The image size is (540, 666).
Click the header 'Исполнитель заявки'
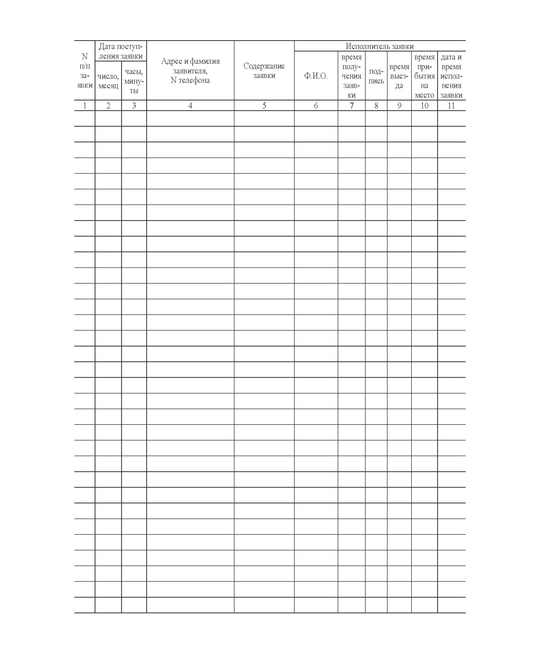(380, 46)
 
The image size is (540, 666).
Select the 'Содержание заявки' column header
(264, 71)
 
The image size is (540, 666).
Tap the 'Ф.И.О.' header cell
(316, 76)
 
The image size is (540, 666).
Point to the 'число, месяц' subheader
(108, 81)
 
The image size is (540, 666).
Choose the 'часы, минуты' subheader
(134, 81)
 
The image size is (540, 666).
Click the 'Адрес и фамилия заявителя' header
(190, 66)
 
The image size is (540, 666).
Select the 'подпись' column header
(376, 76)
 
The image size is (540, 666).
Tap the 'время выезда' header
(399, 76)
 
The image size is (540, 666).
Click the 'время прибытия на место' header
(424, 76)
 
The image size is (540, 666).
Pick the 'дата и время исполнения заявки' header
(451, 76)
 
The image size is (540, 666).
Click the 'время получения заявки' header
(351, 76)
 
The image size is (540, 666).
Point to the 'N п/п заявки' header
(85, 71)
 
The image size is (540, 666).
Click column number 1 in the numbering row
(85, 106)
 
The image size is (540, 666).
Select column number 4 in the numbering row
(190, 106)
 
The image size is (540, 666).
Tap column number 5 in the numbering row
(264, 106)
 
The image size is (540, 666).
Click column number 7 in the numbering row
(351, 106)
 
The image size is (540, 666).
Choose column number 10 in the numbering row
(424, 106)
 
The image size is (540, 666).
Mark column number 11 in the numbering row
(451, 106)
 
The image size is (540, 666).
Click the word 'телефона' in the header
(194, 80)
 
